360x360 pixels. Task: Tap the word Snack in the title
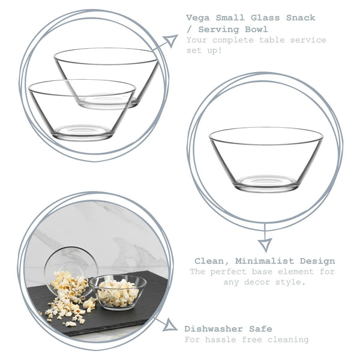[x=302, y=18]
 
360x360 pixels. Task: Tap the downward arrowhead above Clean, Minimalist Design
[x=265, y=244]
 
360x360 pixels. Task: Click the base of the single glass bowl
[x=266, y=182]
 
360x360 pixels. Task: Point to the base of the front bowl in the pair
[x=82, y=131]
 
